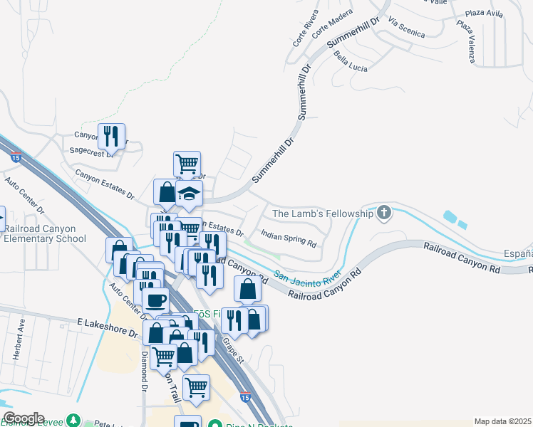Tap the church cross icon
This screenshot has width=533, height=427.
[x=384, y=212]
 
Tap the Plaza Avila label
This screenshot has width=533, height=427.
[x=485, y=14]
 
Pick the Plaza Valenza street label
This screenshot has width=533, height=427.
[x=466, y=41]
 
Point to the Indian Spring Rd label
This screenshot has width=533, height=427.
[x=288, y=238]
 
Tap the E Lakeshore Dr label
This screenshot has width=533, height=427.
[x=107, y=322]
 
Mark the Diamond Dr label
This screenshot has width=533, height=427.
[x=143, y=371]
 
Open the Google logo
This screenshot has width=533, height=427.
[x=24, y=418]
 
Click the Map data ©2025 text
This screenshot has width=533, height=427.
[x=502, y=421]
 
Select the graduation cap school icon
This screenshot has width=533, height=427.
[x=190, y=194]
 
